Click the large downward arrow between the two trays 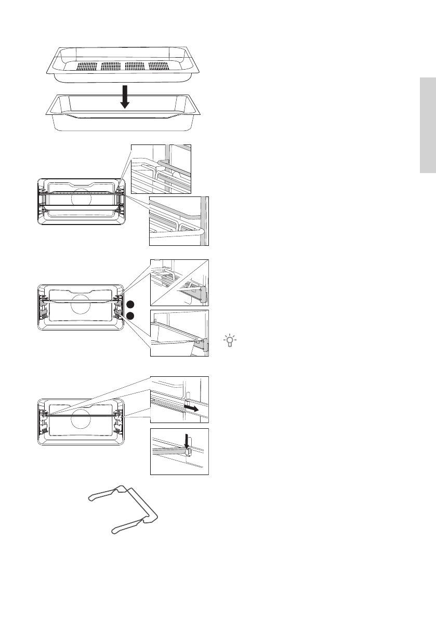click(x=124, y=97)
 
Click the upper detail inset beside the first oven click(x=161, y=167)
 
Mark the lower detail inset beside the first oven click(x=179, y=221)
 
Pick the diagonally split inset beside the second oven click(x=179, y=282)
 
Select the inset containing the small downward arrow click(x=179, y=451)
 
